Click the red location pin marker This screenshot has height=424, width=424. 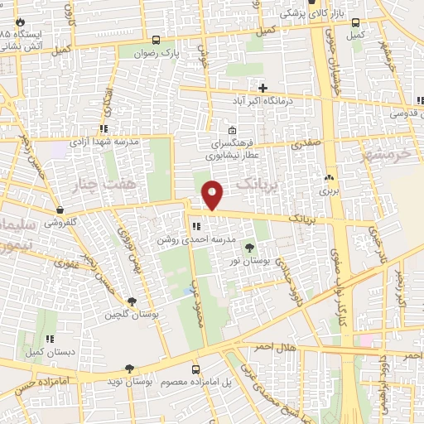[x=213, y=195]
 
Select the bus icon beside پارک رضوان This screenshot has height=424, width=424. [x=157, y=39]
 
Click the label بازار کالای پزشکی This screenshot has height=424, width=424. [x=311, y=14]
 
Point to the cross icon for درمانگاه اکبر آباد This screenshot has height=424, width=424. [x=263, y=87]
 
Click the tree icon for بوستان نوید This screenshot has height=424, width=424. [x=129, y=369]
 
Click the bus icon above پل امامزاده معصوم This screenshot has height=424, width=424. [x=196, y=369]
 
